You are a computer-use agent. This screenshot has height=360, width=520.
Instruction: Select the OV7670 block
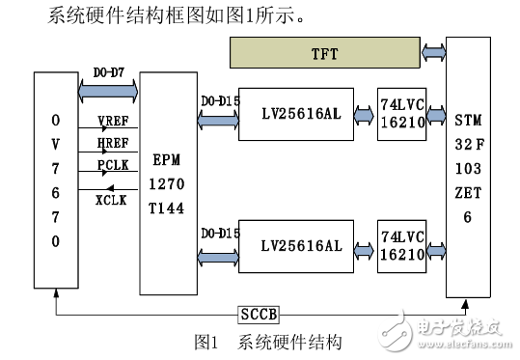click(x=55, y=180)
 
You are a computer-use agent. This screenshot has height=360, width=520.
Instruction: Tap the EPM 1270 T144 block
click(x=167, y=184)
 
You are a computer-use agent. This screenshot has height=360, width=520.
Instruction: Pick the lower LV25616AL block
click(x=300, y=245)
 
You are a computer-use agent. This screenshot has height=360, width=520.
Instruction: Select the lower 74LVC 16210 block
click(x=404, y=245)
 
